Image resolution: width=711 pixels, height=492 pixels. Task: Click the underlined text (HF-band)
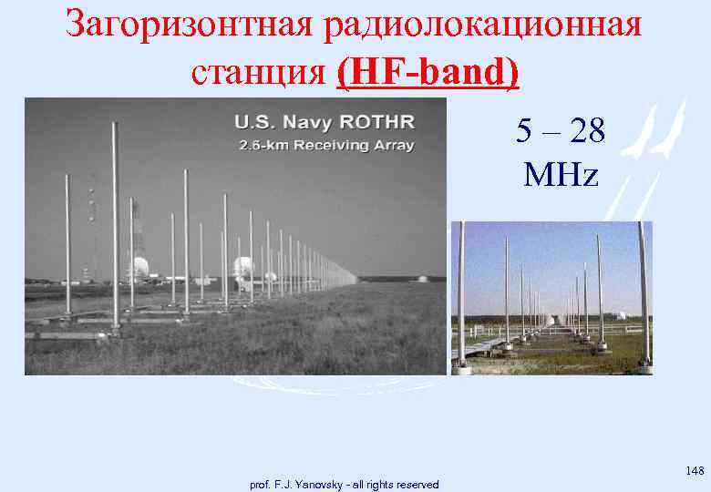428,71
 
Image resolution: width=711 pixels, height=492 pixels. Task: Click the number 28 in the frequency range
584,132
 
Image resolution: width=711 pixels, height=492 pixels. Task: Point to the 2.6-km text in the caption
256,146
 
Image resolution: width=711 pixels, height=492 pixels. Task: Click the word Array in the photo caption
396,146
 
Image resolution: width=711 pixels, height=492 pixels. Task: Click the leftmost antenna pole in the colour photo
461,292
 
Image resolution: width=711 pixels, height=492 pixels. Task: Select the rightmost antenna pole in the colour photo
644,292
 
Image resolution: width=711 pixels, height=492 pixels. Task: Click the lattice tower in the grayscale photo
92,228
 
